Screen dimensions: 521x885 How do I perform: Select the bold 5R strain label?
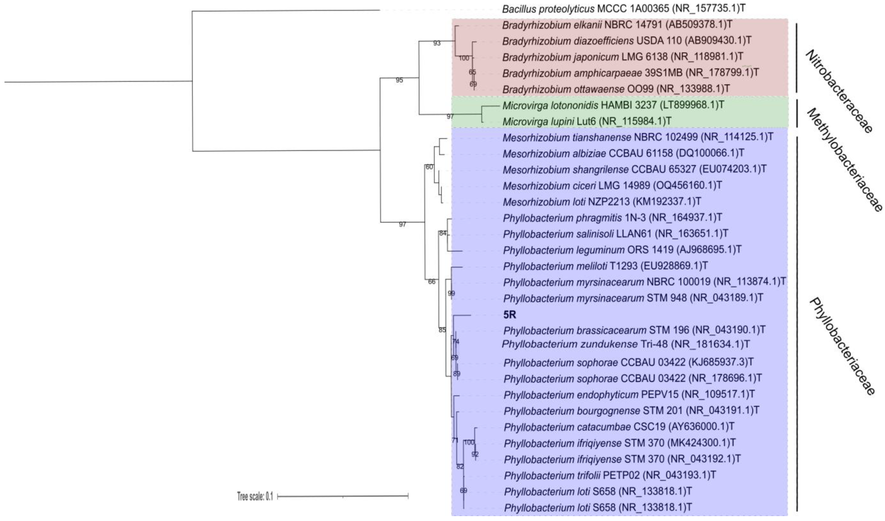[510, 315]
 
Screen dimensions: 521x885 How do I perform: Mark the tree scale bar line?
[343, 496]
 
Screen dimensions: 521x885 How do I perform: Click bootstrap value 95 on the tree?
[399, 80]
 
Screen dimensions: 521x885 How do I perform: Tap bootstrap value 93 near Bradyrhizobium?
[437, 43]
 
